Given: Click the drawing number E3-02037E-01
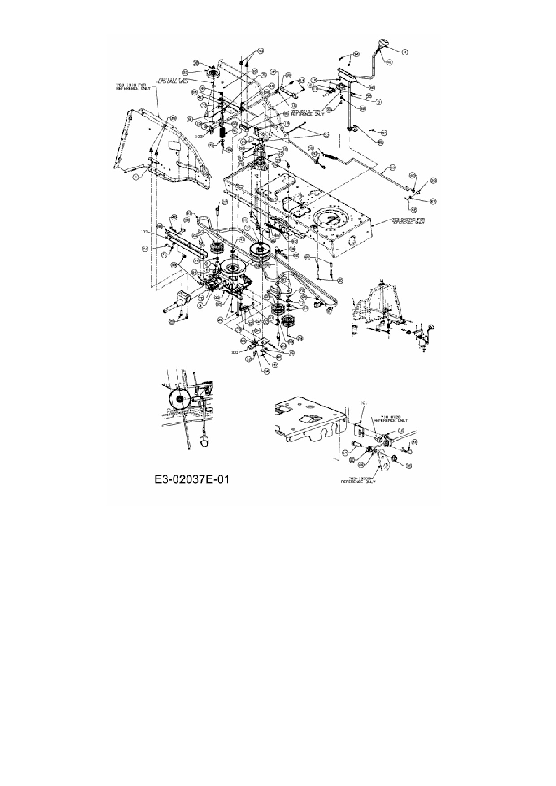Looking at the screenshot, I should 191,479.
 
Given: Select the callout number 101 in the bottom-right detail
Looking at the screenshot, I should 364,403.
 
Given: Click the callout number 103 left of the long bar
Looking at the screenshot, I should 144,232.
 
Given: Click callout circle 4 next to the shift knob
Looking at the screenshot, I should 405,52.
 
